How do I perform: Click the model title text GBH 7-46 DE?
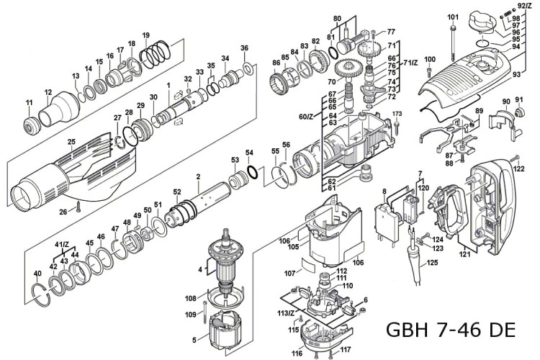click(x=451, y=330)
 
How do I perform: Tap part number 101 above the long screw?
click(x=452, y=17)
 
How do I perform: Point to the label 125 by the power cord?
click(x=432, y=264)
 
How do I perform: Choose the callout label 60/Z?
click(x=307, y=116)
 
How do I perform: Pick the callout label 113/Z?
click(x=285, y=313)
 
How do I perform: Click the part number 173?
click(x=397, y=114)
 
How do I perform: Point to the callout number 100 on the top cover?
click(x=430, y=59)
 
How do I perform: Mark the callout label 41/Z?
click(x=63, y=246)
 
